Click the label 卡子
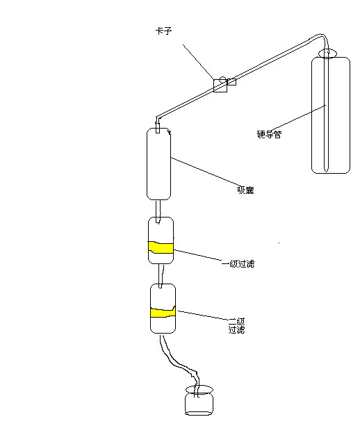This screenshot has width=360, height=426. [163, 31]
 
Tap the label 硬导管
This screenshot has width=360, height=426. [269, 134]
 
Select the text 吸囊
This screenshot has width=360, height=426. [245, 190]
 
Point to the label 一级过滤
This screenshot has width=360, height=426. [238, 264]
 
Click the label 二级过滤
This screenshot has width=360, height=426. [237, 325]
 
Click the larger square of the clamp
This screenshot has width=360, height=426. [220, 85]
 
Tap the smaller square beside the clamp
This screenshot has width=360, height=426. [231, 82]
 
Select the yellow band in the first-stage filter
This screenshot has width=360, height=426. [161, 247]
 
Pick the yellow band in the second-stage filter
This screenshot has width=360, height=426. [163, 312]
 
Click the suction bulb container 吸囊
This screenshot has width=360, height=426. [158, 164]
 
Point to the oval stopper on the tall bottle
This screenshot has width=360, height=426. [327, 54]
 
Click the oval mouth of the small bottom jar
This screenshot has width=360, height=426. [199, 389]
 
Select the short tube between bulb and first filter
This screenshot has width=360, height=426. [158, 211]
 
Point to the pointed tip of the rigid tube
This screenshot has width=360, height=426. [327, 171]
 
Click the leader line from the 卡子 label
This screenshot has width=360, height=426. [198, 62]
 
